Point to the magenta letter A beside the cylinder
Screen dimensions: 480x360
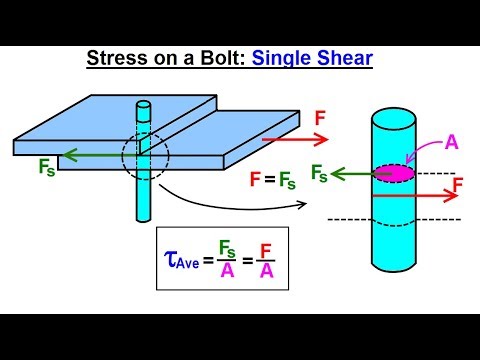pos(451,142)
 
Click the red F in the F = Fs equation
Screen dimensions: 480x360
pos(255,182)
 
